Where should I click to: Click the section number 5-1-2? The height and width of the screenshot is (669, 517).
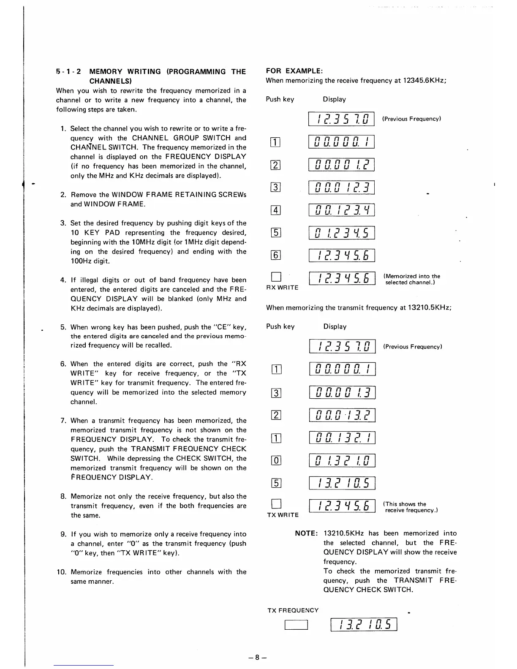pos(69,72)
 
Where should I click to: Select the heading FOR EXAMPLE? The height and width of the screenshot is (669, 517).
pos(294,71)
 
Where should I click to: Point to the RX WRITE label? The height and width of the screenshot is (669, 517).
pos(282,288)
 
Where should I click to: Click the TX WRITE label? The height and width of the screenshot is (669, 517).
pos(283,515)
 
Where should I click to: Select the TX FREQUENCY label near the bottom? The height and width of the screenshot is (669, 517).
pos(293,610)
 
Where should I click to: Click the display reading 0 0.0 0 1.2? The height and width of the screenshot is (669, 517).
pos(342,164)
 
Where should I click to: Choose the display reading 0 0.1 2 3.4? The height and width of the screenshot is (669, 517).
pos(342,210)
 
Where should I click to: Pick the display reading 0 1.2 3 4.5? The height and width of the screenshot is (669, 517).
pos(342,233)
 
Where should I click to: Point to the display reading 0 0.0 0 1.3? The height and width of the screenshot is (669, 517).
pos(342,392)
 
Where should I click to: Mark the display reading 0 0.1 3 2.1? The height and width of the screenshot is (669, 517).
pos(342,438)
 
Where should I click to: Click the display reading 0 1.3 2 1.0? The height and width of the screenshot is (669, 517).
pos(342,460)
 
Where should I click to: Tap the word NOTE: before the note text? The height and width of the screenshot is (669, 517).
pos(306,533)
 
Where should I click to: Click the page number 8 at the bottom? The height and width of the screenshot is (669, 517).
pos(258,657)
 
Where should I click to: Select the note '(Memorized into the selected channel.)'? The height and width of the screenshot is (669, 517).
pos(412,279)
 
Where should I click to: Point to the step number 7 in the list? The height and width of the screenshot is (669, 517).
pos(63,421)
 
